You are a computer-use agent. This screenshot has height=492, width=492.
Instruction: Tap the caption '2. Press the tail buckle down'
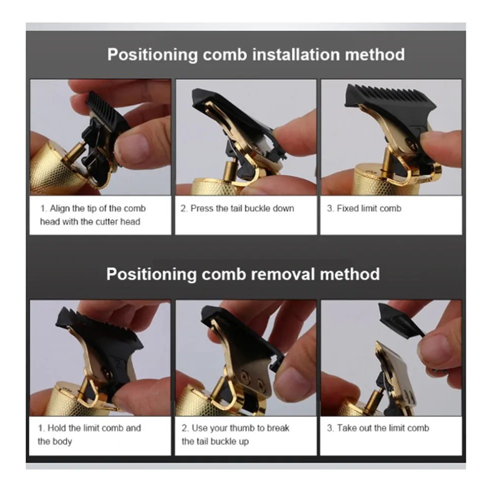click(237, 208)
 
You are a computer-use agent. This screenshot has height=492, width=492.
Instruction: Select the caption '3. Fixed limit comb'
click(364, 208)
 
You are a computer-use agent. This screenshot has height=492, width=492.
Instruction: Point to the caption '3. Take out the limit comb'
click(378, 428)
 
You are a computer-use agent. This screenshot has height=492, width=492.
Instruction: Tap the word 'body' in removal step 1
click(62, 441)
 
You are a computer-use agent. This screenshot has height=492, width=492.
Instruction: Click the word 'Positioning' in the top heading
click(153, 55)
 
